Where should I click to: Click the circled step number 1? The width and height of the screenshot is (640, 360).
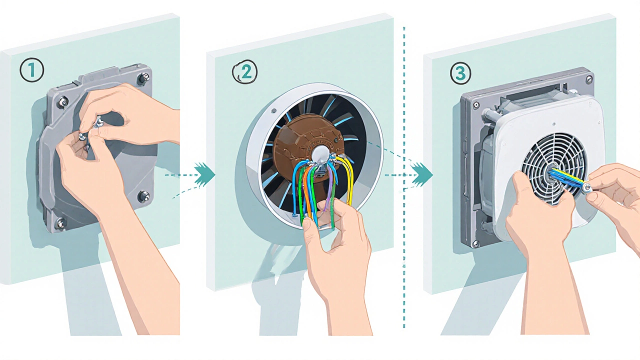click(31, 71)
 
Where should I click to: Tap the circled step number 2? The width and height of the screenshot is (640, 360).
click(245, 73)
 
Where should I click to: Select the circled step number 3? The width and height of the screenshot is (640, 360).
click(460, 73)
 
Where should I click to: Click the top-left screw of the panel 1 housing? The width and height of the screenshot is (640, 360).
click(63, 103)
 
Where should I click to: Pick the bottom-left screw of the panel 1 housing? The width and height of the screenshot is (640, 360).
click(60, 222)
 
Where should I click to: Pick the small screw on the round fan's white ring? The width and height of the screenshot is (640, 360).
click(273, 111)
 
